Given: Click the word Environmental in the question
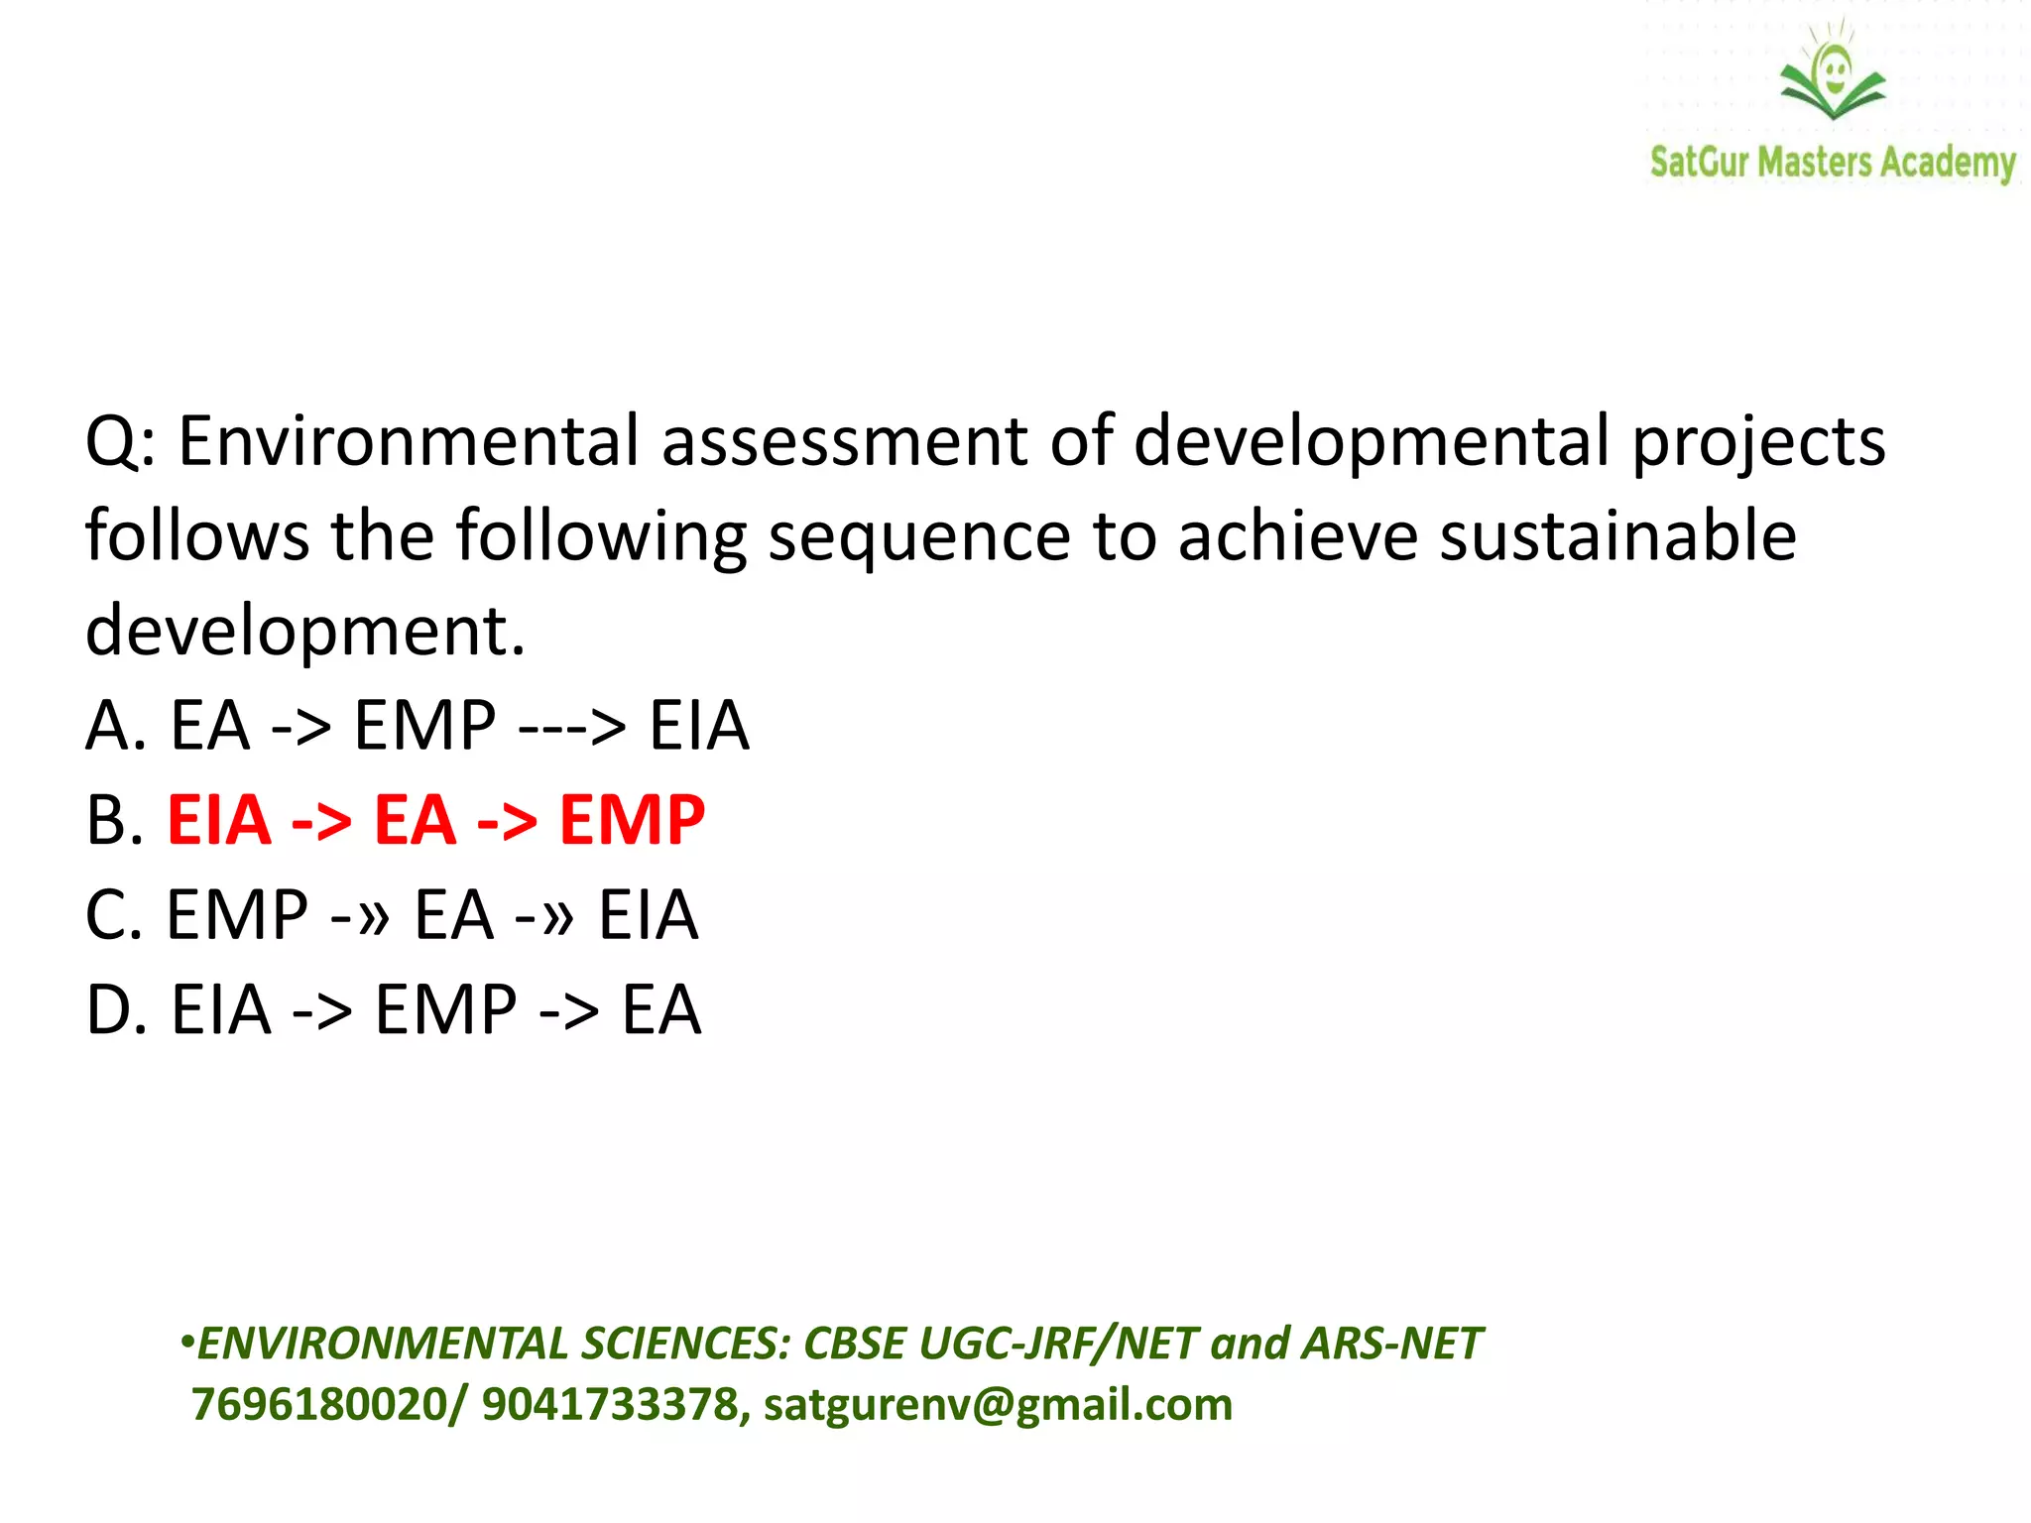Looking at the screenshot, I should [x=408, y=440].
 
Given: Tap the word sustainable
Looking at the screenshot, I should [x=1616, y=535].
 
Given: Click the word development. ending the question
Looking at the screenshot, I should [x=305, y=632].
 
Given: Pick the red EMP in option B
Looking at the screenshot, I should [x=632, y=820].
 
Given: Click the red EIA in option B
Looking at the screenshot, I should [x=219, y=820].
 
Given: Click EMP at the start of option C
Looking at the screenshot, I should [x=236, y=914].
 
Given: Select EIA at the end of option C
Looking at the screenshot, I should [x=648, y=914].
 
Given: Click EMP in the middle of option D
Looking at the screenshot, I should [x=445, y=1009].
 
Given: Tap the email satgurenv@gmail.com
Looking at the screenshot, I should [x=998, y=1405].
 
